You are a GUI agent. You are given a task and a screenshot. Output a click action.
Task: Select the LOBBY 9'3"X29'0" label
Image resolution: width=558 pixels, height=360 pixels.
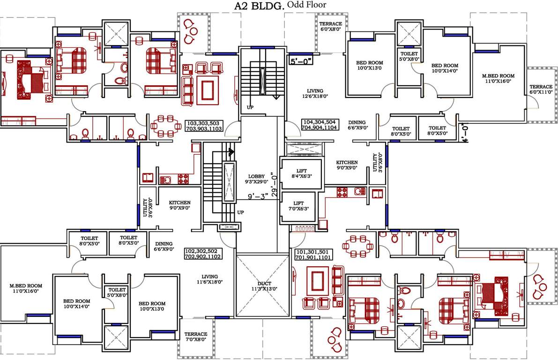point(257,179)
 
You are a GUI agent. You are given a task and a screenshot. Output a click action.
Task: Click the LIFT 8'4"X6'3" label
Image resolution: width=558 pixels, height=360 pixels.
point(301,173)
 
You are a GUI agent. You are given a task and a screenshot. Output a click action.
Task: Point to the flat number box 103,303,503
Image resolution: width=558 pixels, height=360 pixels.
point(205,124)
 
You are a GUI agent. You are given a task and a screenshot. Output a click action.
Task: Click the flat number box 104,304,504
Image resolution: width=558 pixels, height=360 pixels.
point(319,124)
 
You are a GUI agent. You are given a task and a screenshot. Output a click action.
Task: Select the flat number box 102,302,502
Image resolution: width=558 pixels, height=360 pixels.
point(203,254)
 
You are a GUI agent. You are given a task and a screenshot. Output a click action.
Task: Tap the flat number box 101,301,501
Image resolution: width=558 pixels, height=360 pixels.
point(313,254)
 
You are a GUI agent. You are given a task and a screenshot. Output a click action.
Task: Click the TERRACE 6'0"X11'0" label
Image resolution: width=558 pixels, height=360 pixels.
point(541,90)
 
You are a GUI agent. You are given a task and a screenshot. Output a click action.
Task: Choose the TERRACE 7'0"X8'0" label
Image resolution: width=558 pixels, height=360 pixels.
point(195,337)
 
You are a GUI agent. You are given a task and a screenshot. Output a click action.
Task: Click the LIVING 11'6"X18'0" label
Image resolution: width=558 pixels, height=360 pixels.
point(209,279)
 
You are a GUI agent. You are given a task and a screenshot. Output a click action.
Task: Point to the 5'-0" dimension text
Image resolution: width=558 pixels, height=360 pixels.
point(300,61)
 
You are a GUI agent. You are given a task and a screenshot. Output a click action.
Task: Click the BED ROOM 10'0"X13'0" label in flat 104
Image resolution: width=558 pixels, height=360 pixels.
point(370,65)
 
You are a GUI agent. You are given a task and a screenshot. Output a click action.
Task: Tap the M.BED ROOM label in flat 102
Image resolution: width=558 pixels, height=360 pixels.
point(26,288)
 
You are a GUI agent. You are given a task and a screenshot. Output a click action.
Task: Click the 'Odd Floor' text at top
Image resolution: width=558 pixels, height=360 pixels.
point(307,5)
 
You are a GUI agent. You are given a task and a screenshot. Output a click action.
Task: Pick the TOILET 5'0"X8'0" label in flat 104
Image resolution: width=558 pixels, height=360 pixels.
point(409,56)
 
